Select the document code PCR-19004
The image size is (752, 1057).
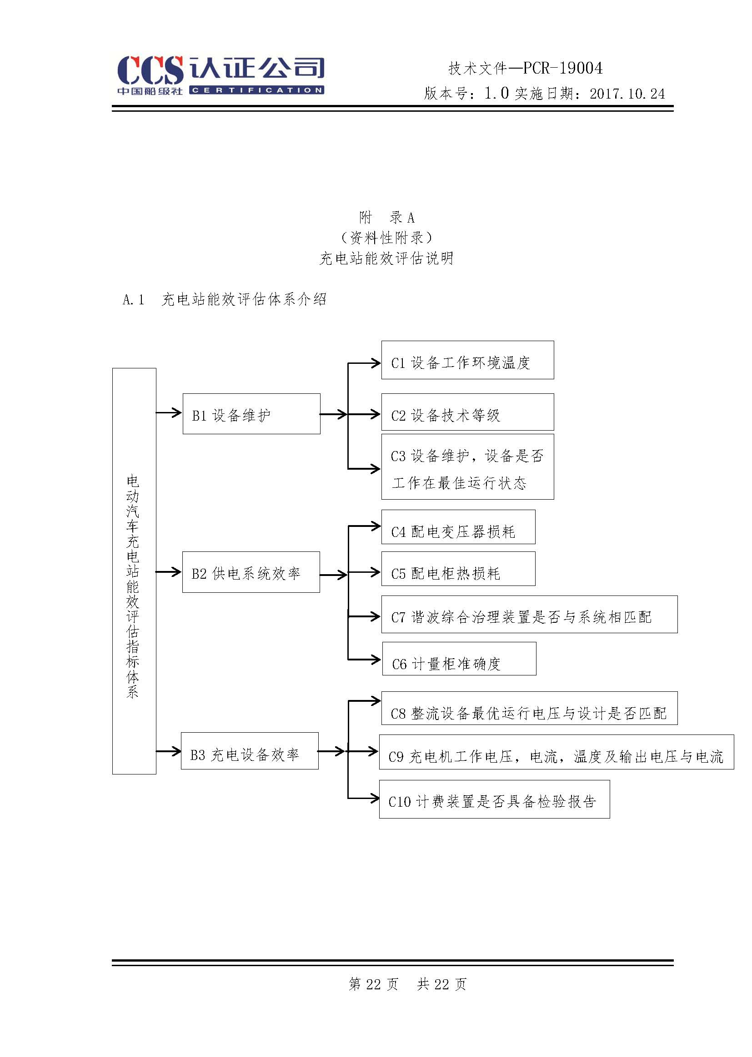click(x=562, y=69)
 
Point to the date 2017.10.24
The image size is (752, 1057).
click(x=627, y=94)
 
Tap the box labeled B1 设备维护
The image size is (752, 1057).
click(x=251, y=414)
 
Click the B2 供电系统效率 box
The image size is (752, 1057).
click(x=251, y=572)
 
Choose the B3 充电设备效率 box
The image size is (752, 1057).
click(x=249, y=751)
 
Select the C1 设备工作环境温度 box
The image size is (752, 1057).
click(x=467, y=360)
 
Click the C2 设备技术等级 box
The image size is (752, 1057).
click(x=467, y=412)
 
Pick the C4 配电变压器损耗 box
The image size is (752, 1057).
click(x=458, y=527)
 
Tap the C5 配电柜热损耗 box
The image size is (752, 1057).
click(x=458, y=569)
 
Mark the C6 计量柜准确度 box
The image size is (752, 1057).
click(x=459, y=659)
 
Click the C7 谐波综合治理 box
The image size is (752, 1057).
click(x=529, y=615)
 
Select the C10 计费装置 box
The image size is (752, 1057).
click(x=494, y=800)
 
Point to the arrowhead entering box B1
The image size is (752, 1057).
click(x=176, y=412)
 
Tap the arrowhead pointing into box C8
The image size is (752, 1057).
click(x=376, y=701)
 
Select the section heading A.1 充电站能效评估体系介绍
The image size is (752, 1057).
click(x=225, y=300)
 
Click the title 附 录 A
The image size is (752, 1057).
click(x=386, y=217)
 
